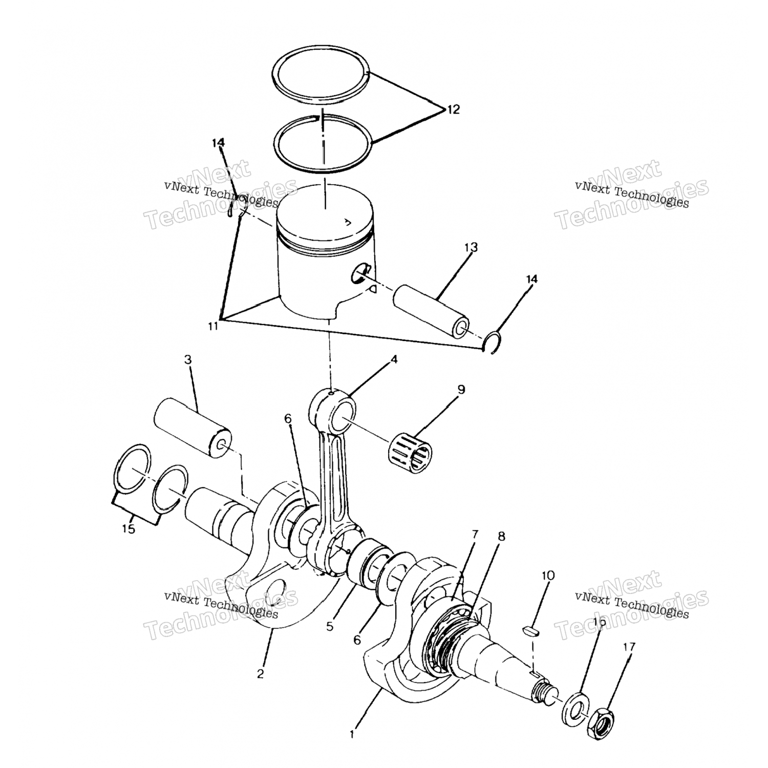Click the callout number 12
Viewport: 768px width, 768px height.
[453, 109]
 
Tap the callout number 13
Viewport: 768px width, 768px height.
[471, 247]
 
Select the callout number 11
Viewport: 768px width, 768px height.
[213, 326]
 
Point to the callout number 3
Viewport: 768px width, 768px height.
[188, 359]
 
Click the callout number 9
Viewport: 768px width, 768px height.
[461, 390]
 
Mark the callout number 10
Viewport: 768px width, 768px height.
[548, 575]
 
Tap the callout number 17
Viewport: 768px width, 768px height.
[629, 647]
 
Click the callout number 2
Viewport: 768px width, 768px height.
[260, 674]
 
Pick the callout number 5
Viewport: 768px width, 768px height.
[330, 626]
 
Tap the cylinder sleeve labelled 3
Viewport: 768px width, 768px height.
[192, 429]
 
